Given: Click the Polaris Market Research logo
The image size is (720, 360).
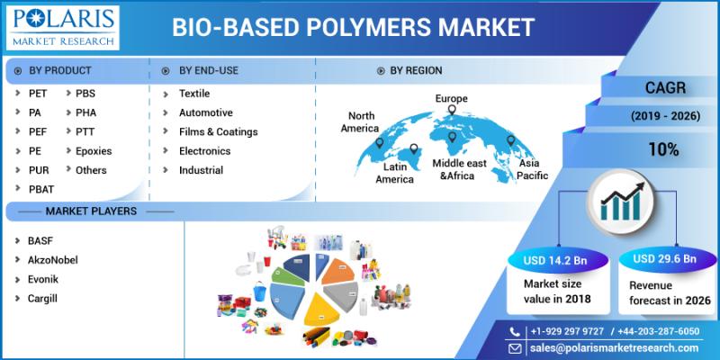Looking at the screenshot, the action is click(x=62, y=28).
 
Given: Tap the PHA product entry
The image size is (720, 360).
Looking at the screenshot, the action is click(x=85, y=112).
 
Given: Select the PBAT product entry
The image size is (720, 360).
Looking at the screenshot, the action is click(x=41, y=189).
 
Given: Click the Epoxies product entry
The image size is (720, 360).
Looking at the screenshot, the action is click(x=94, y=151).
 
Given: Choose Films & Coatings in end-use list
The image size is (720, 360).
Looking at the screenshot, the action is click(x=219, y=131).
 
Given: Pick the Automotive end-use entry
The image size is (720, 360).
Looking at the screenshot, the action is click(x=206, y=112).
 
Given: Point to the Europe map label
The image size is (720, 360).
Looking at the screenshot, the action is click(x=452, y=98).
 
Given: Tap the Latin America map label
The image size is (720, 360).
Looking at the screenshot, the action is click(x=395, y=173).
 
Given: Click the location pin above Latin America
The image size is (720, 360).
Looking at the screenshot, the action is click(x=414, y=149).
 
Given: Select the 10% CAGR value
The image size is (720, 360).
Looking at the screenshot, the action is click(x=663, y=149).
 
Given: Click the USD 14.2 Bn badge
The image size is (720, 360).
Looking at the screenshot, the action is click(x=555, y=261).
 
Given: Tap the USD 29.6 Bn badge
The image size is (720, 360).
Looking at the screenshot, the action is click(x=664, y=259).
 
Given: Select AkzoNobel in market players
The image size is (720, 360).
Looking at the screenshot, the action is click(x=53, y=260).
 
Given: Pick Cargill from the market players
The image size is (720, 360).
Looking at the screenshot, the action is click(x=42, y=299).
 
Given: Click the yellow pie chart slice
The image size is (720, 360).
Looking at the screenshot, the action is click(x=322, y=309).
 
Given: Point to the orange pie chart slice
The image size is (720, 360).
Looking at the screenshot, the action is click(x=338, y=271).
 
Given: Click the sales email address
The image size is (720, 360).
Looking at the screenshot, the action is click(x=614, y=347).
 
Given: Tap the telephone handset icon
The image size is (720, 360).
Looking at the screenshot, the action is click(x=515, y=331).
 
